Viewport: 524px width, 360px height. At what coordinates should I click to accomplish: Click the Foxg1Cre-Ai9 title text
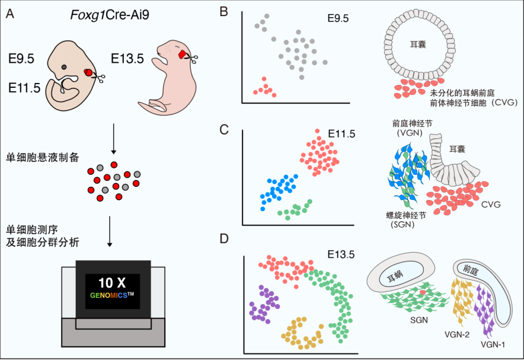pyautogui.click(x=110, y=15)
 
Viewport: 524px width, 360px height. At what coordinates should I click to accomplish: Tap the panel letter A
pyautogui.click(x=10, y=14)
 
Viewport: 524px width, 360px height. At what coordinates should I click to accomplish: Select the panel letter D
pyautogui.click(x=224, y=238)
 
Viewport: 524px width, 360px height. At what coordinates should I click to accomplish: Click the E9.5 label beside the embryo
pyautogui.click(x=21, y=59)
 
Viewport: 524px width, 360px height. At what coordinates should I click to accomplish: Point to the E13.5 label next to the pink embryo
pyautogui.click(x=127, y=59)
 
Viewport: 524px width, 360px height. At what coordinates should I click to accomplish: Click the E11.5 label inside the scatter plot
pyautogui.click(x=341, y=133)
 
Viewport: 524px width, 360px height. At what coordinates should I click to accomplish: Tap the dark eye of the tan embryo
pyautogui.click(x=64, y=67)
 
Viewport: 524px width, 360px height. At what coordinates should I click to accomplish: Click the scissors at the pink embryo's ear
pyautogui.click(x=193, y=59)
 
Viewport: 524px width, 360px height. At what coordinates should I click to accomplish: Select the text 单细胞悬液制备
pyautogui.click(x=43, y=157)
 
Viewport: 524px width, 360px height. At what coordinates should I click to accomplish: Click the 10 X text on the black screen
pyautogui.click(x=112, y=283)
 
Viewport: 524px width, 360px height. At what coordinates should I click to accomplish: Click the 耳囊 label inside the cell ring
pyautogui.click(x=418, y=44)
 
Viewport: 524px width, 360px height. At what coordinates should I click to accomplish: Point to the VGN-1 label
pyautogui.click(x=493, y=345)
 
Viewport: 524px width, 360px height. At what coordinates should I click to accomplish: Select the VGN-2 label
pyautogui.click(x=457, y=334)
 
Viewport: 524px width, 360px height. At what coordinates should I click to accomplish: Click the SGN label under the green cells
pyautogui.click(x=419, y=320)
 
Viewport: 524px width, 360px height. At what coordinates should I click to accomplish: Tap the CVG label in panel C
pyautogui.click(x=491, y=204)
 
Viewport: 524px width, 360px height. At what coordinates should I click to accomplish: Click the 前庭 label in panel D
pyautogui.click(x=471, y=269)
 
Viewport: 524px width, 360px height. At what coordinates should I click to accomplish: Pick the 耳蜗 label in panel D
pyautogui.click(x=395, y=276)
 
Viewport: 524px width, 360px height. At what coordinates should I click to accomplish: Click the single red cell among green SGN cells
pyautogui.click(x=423, y=292)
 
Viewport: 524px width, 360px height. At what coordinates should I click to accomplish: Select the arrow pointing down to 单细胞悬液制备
pyautogui.click(x=114, y=139)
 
